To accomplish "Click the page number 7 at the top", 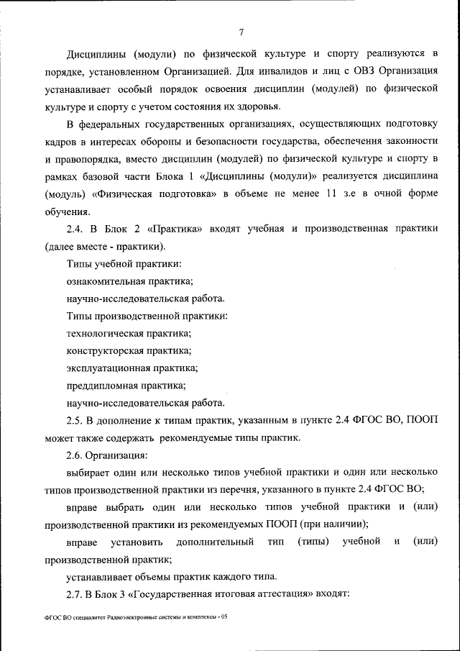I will point(241,32).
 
